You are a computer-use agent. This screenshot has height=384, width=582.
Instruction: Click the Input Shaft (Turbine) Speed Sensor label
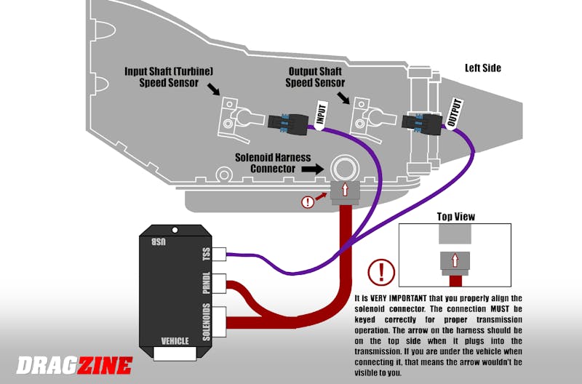(x=169, y=76)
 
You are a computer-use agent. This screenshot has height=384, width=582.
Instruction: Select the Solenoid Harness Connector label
(x=272, y=163)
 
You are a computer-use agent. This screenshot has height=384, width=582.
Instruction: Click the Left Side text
(x=483, y=68)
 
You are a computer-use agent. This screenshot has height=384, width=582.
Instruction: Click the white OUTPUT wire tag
(x=455, y=113)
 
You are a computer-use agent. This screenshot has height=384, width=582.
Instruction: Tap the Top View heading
(x=455, y=216)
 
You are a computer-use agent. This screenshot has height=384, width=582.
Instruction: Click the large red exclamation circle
(x=381, y=273)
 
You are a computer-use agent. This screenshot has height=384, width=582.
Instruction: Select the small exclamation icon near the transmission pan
(x=308, y=202)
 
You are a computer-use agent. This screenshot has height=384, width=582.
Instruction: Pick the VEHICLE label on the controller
(x=176, y=340)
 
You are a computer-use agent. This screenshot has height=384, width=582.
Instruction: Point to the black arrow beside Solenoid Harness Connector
(x=314, y=168)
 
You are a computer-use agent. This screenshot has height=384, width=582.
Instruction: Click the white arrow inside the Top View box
(x=454, y=260)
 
